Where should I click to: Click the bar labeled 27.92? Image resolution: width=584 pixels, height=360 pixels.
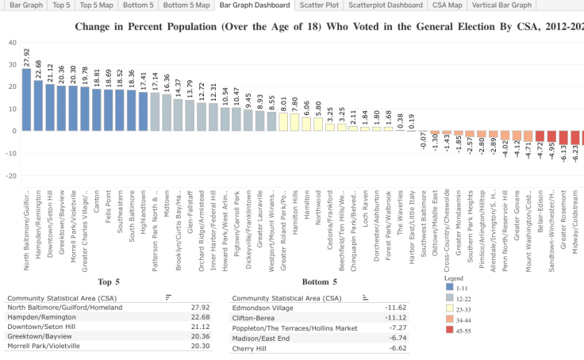pos(26,99)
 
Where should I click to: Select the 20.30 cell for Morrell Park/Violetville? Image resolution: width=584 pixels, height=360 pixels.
pos(202,346)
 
